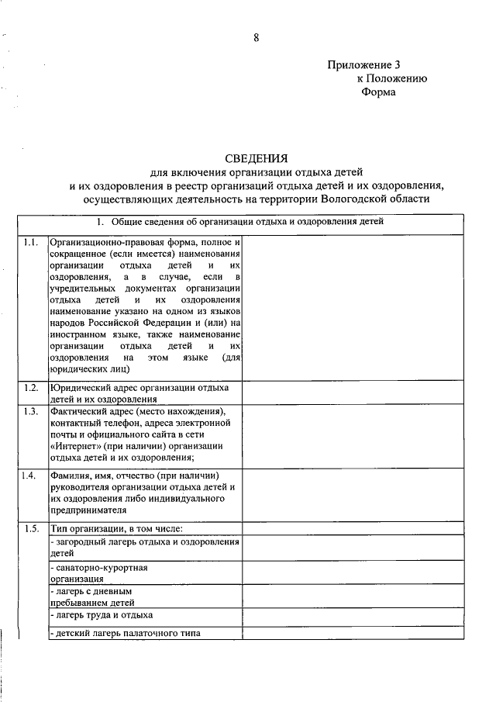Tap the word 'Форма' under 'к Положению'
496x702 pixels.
click(x=378, y=92)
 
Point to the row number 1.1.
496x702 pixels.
click(x=31, y=243)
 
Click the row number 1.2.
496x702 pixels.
click(x=31, y=387)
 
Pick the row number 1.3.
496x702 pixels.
click(x=31, y=410)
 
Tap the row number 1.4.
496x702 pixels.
click(x=31, y=475)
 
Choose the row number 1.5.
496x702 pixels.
click(x=31, y=529)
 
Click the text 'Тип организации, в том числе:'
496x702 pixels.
click(x=116, y=529)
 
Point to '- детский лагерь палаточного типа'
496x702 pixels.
click(x=125, y=634)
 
